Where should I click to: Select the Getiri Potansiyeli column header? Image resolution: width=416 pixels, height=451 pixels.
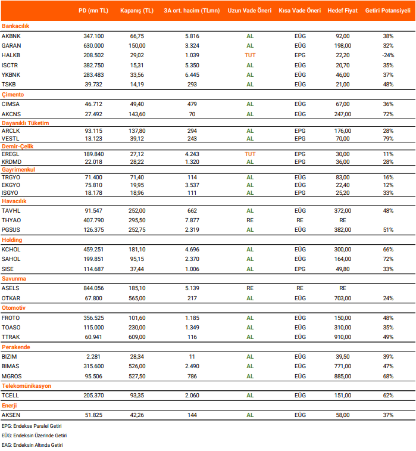point(387,11)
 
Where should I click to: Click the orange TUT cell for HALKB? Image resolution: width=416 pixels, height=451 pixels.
point(250,55)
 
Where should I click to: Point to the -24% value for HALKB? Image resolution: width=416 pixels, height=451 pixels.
point(388,55)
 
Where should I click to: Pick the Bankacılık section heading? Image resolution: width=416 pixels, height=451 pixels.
point(15,26)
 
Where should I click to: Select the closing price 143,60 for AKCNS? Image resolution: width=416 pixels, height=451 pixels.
point(137,113)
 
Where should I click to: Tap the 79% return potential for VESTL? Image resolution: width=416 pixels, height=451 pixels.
point(388,138)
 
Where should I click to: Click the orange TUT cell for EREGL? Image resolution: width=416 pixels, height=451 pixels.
point(250,154)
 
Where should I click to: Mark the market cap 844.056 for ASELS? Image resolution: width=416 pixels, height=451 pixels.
point(93,288)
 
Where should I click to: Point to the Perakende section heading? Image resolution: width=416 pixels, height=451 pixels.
point(15,347)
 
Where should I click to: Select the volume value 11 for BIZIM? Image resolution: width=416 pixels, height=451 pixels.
point(192,356)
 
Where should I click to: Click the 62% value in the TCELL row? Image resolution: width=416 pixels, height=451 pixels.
point(388,395)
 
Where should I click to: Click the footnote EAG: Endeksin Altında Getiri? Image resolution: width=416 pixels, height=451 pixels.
point(32,444)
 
